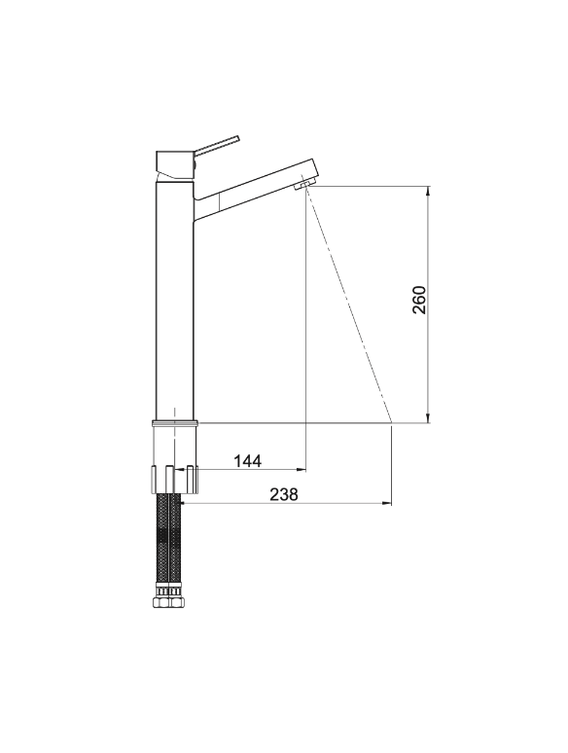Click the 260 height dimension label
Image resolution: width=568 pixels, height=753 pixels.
click(419, 300)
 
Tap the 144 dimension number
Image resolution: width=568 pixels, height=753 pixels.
click(248, 461)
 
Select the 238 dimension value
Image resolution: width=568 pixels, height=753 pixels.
click(284, 494)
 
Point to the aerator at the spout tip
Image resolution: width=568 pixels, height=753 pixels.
click(304, 185)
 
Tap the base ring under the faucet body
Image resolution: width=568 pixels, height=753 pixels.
click(175, 423)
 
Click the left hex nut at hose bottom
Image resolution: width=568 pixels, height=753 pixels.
click(160, 602)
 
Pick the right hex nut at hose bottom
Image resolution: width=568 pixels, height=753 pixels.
click(174, 602)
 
